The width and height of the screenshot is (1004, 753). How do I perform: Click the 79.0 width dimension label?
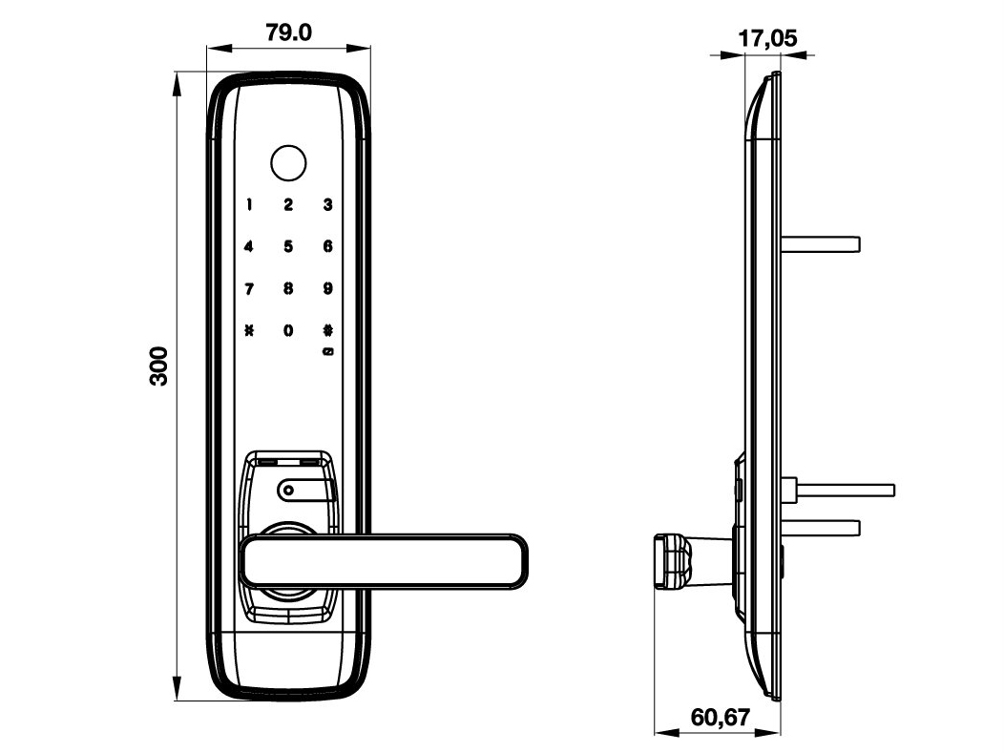click(288, 33)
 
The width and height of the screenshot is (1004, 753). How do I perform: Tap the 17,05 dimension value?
click(768, 39)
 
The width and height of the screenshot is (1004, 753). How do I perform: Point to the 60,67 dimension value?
click(721, 717)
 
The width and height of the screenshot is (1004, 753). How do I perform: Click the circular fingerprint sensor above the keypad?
click(287, 163)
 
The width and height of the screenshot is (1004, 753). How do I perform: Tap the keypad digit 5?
click(288, 247)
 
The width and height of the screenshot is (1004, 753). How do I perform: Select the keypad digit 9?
click(327, 289)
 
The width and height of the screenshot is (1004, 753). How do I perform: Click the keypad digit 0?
click(288, 331)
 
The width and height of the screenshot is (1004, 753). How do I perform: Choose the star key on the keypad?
click(249, 331)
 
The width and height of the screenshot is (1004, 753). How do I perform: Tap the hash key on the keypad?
click(327, 331)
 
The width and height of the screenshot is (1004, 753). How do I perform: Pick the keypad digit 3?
click(327, 204)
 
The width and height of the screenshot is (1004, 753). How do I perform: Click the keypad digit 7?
click(249, 289)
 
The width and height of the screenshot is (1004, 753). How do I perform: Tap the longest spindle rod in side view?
click(845, 490)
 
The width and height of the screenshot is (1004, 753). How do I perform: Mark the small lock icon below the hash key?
click(327, 352)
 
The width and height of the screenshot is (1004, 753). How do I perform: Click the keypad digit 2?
click(288, 204)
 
